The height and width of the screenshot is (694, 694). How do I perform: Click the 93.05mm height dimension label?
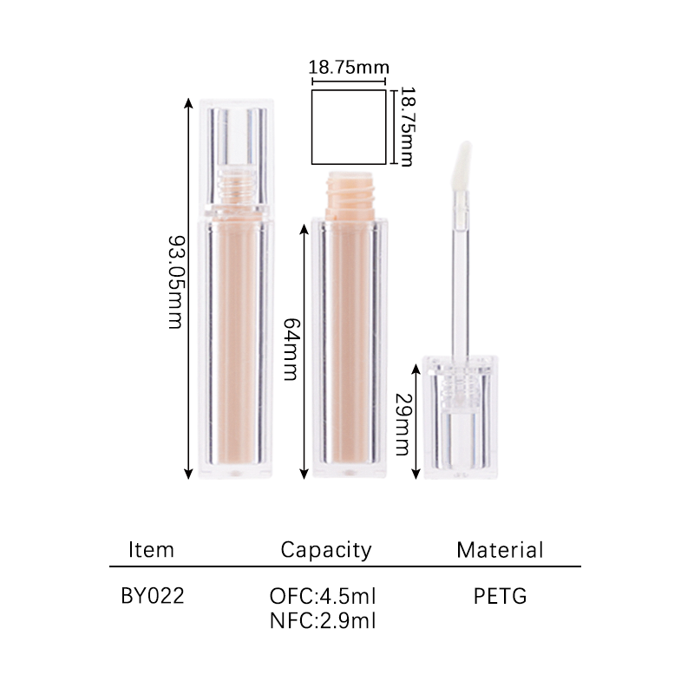coord(175,283)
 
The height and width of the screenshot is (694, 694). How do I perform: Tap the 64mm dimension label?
coord(291,350)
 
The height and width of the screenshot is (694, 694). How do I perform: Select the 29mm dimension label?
coord(403,424)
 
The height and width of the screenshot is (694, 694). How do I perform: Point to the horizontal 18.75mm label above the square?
coord(349,68)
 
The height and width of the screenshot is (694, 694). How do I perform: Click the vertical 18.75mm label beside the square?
coord(407,127)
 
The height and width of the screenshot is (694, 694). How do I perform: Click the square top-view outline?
coord(311,127)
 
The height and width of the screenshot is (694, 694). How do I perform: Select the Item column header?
coord(151,550)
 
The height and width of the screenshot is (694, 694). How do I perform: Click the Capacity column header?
coord(326,550)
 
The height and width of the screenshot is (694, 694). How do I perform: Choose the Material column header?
coord(500,550)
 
